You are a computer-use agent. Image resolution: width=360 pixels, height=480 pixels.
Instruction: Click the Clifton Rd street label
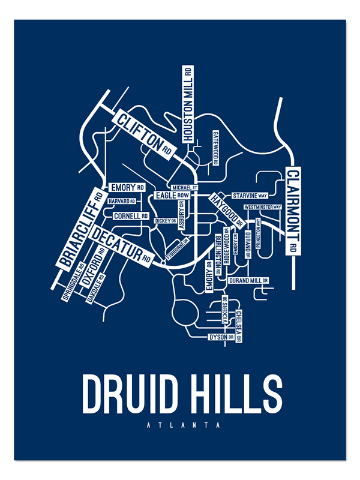145,134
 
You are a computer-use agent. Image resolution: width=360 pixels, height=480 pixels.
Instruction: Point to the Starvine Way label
250,196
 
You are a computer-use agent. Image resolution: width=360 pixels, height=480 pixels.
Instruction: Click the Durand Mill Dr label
248,280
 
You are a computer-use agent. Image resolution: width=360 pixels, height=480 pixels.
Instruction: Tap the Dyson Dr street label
218,337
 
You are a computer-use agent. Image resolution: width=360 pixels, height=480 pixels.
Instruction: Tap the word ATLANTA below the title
181,426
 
